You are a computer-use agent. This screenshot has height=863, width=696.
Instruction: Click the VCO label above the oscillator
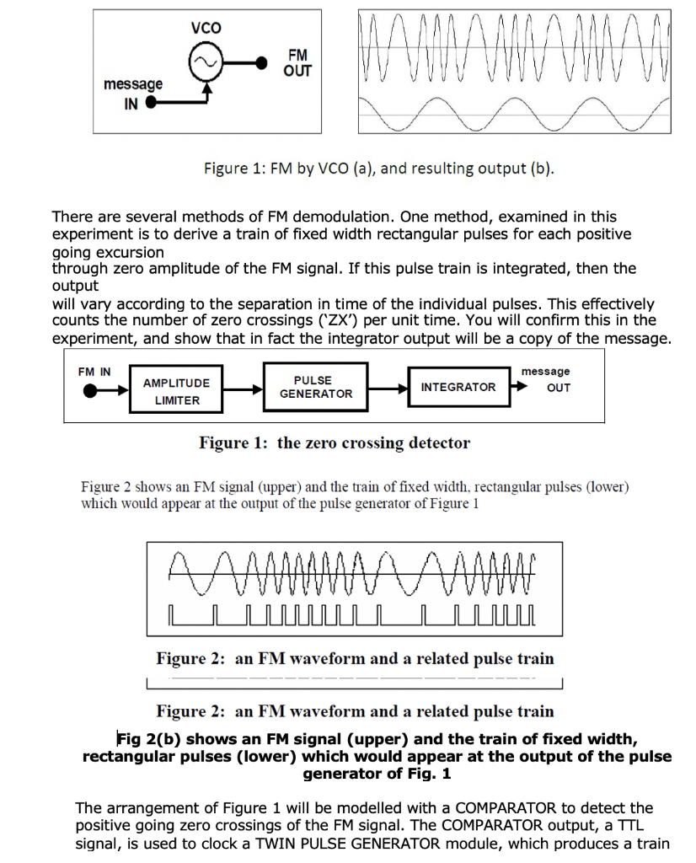(206, 28)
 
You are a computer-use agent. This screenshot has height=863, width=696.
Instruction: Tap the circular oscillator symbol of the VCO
(206, 62)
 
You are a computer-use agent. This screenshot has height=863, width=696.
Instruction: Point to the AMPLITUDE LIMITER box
(177, 390)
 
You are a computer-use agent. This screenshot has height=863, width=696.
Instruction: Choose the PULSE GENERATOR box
(316, 387)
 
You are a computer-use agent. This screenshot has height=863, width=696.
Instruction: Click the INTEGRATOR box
(458, 387)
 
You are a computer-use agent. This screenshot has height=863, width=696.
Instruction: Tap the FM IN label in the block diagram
(94, 372)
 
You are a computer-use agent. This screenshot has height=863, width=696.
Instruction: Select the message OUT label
(549, 379)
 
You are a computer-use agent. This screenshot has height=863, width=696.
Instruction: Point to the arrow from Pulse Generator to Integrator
(388, 388)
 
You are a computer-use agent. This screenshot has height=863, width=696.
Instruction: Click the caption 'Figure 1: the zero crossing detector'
(335, 442)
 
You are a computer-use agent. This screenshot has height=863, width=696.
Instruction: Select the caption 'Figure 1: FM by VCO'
(379, 168)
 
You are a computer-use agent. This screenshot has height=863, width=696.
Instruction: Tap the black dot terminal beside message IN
(152, 104)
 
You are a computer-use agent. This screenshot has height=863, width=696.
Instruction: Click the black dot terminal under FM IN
(87, 390)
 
